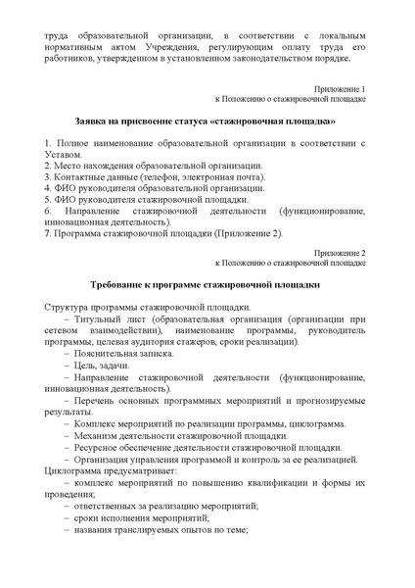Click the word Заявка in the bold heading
[89, 122]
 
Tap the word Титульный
[111, 320]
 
